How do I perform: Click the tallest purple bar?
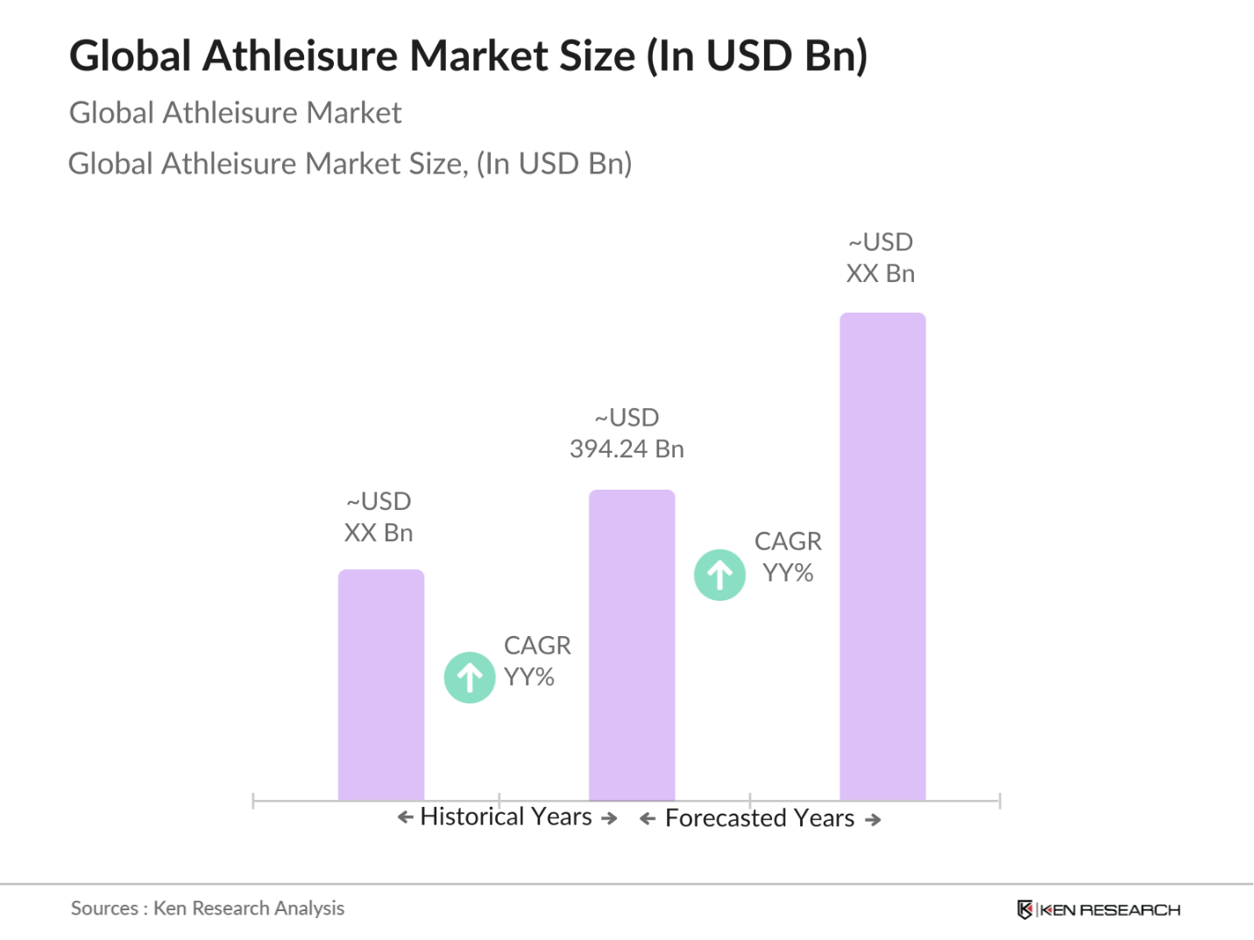[882, 556]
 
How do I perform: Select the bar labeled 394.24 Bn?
[632, 645]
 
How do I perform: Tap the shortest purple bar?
[381, 685]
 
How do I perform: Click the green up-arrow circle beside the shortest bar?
[470, 677]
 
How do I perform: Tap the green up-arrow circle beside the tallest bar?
[719, 575]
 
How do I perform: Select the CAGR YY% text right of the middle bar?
[788, 557]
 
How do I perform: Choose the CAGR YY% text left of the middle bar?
[536, 661]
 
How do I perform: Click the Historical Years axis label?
[507, 816]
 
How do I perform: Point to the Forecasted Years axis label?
[760, 818]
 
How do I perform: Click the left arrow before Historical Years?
[405, 817]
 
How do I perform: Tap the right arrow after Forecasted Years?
[873, 820]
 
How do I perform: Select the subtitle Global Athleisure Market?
[235, 113]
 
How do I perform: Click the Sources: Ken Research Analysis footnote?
[208, 908]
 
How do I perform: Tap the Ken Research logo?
[1099, 910]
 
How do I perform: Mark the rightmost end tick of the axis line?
[999, 801]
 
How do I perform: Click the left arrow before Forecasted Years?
[648, 819]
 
